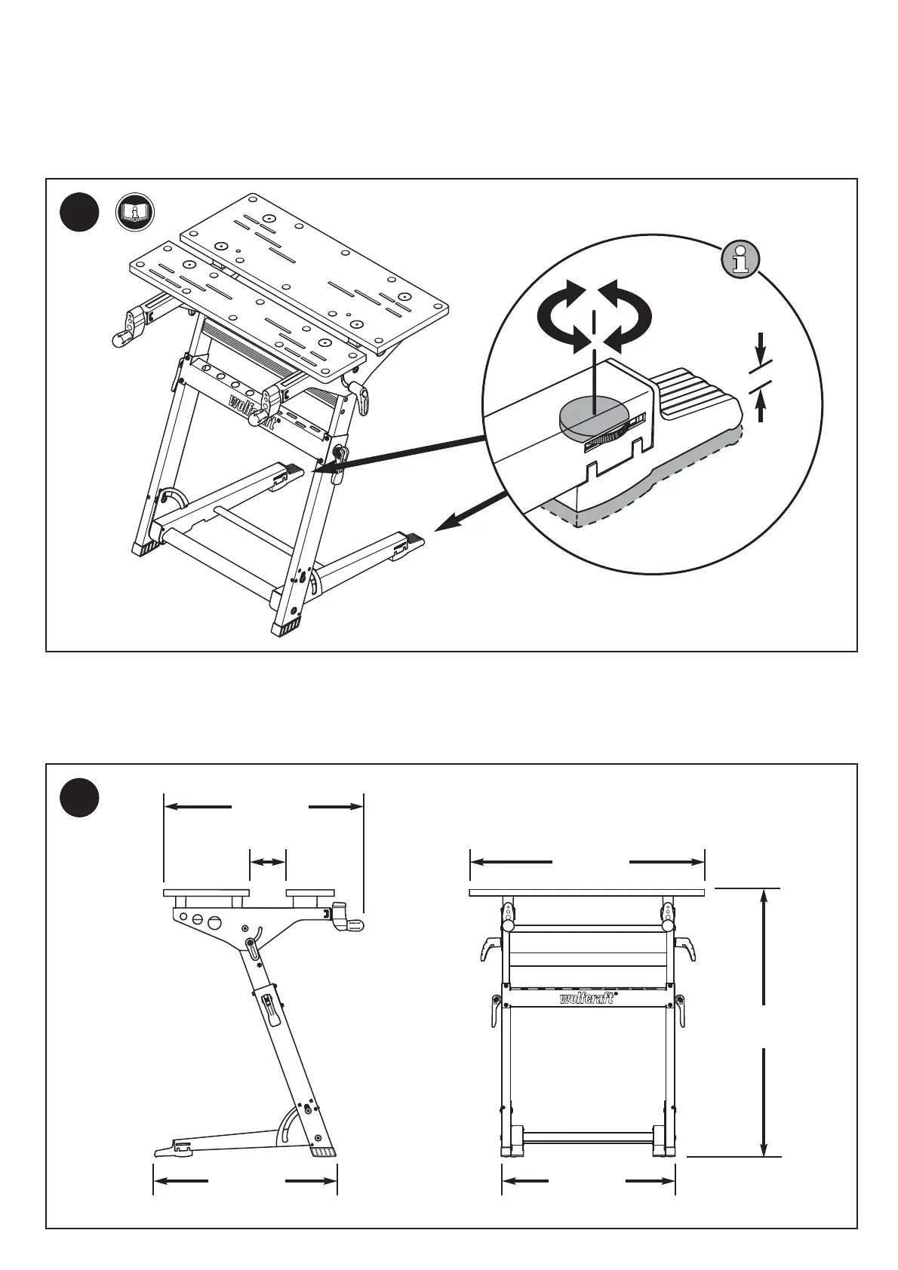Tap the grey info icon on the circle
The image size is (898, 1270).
pyautogui.click(x=740, y=259)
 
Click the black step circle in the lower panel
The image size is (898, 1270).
pyautogui.click(x=79, y=798)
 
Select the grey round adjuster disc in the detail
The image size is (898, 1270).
pyautogui.click(x=595, y=419)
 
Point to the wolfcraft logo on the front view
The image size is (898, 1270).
pyautogui.click(x=587, y=999)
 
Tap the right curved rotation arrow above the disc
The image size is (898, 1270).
pyautogui.click(x=629, y=317)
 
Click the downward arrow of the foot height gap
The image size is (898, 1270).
pyautogui.click(x=761, y=348)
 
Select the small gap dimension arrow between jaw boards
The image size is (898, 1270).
pyautogui.click(x=268, y=861)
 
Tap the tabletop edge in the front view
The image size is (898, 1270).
pyautogui.click(x=587, y=893)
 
